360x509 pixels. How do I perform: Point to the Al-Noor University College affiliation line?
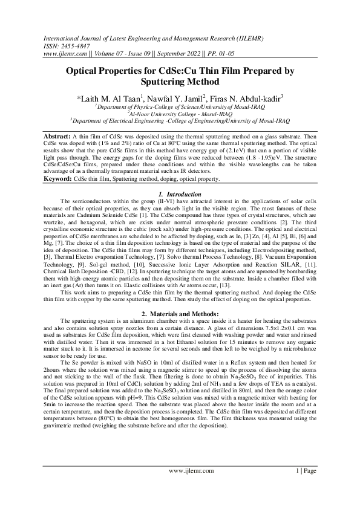click(180, 113)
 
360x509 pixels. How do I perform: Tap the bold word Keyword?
click(59, 179)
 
